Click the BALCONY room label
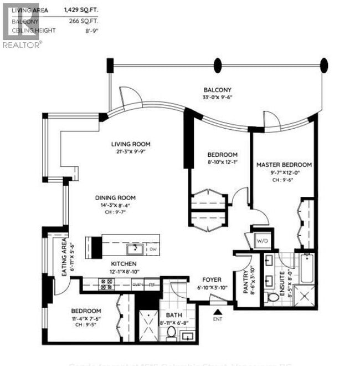point(217,90)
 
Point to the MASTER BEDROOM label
point(284,165)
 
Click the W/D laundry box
point(260,240)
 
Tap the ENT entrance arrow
point(217,314)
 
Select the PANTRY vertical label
point(244,281)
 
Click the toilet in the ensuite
point(272,298)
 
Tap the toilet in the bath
point(172,333)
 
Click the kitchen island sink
point(133,248)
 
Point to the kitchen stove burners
point(105,284)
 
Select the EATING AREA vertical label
point(64,258)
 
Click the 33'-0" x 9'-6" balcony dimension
point(217,100)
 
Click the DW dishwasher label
point(152,250)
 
